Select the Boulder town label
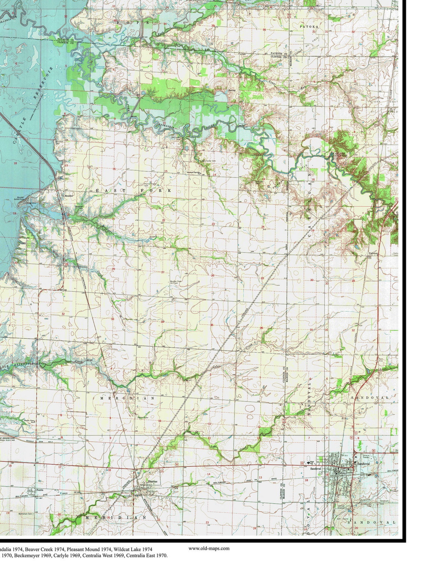tap(67, 195)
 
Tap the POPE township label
tap(133, 23)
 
